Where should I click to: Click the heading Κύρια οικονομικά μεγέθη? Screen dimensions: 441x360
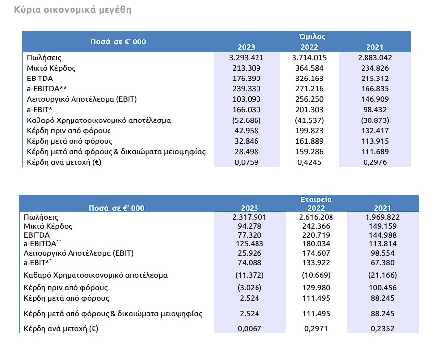pos(73,10)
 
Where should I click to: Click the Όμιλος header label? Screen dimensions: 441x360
pos(312,37)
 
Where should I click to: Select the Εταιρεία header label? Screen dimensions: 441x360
pos(316,200)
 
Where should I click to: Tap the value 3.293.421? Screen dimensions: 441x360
pos(246,58)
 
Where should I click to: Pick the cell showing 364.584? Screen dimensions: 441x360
pos(309,68)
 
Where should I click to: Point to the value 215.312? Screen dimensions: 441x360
pos(375,79)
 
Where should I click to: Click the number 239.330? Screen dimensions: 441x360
pos(246,89)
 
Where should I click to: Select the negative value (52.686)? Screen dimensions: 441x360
pos(246,120)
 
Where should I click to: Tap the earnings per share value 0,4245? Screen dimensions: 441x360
pos(309,162)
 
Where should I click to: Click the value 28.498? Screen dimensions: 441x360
pos(246,152)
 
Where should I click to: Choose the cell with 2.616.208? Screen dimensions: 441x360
pos(316,217)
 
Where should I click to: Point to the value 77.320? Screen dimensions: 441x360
pos(250,235)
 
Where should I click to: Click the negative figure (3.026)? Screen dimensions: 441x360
pos(250,288)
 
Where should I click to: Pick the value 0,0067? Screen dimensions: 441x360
pos(250,329)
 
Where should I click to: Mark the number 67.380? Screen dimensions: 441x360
pos(382,263)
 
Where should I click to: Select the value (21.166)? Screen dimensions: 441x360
pos(382,275)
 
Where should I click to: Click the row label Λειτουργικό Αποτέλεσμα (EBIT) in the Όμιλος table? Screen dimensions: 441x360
pos(81,99)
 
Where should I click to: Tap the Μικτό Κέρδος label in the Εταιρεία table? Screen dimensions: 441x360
pos(48,226)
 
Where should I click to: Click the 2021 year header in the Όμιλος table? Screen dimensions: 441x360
pos(375,47)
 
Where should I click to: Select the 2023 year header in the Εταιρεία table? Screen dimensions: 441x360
pos(250,208)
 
